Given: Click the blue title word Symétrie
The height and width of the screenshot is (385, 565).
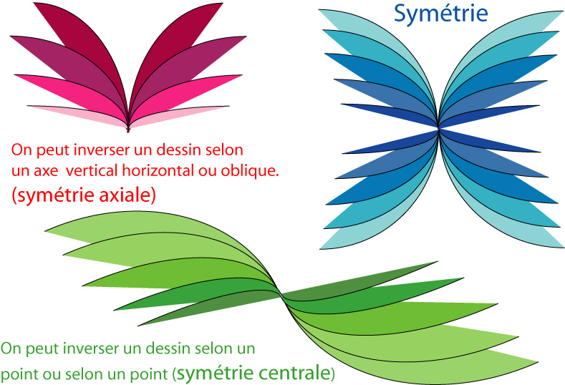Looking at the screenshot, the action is pyautogui.click(x=440, y=14).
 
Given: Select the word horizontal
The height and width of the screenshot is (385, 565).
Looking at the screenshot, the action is pyautogui.click(x=158, y=170).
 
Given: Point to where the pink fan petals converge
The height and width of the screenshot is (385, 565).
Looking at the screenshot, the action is pyautogui.click(x=128, y=129).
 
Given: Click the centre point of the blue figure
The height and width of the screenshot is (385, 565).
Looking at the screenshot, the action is pyautogui.click(x=438, y=128).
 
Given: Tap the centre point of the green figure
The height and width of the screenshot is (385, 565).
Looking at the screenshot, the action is pyautogui.click(x=281, y=296).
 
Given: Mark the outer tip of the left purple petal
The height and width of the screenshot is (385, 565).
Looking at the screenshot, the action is pyautogui.click(x=11, y=36).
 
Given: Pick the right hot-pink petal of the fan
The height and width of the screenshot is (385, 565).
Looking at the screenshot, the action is pyautogui.click(x=188, y=94).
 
